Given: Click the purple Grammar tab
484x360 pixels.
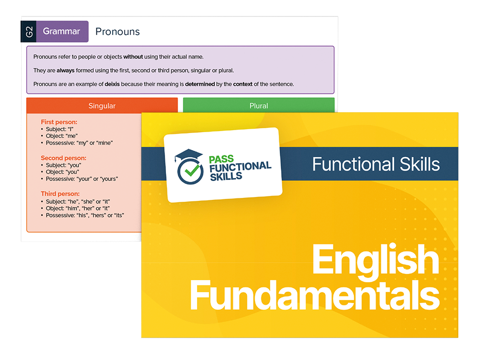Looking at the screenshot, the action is tap(62, 31).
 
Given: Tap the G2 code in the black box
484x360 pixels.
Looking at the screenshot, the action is tap(29, 31).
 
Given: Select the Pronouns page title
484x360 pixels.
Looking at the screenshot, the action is tap(118, 32).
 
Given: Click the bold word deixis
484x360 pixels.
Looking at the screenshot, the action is tap(112, 84).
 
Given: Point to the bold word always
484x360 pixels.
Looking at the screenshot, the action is tap(65, 71).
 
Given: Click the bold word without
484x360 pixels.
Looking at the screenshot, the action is tap(133, 57).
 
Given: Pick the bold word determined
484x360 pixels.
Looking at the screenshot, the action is tap(200, 84).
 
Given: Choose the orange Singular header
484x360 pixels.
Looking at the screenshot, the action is tap(102, 105).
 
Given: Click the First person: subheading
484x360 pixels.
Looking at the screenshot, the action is tap(59, 122).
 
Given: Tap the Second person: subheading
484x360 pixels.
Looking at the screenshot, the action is tap(63, 158).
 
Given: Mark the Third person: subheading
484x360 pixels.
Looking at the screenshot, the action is tap(60, 194).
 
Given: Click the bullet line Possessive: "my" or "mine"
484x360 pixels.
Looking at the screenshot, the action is tap(77, 143).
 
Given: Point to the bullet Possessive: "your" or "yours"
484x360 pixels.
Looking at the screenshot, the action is tap(79, 179).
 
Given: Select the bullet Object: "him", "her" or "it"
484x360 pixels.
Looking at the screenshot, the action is tap(76, 208).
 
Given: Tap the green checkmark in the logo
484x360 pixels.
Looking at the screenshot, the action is tap(192, 170).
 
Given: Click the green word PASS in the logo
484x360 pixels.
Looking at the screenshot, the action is tap(221, 159).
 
